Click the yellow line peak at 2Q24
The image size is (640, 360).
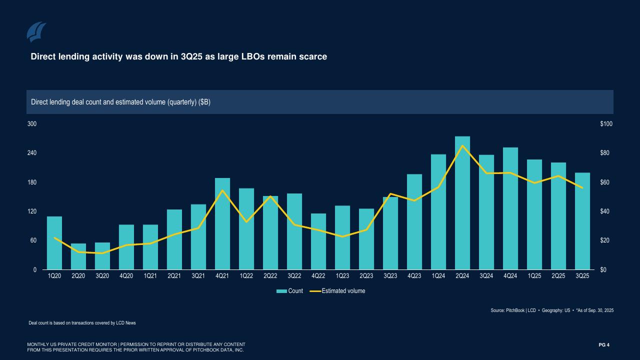pos(462,146)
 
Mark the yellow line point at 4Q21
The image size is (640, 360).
pos(222,190)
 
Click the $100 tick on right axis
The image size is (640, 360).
pos(606,123)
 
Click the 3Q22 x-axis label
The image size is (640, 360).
pos(294,276)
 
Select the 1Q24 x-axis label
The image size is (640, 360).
pos(438,276)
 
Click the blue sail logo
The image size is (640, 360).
pos(36,32)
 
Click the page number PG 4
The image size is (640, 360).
pos(604,344)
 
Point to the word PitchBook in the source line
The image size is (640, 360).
pos(515,310)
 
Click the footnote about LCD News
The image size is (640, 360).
pos(82,323)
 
